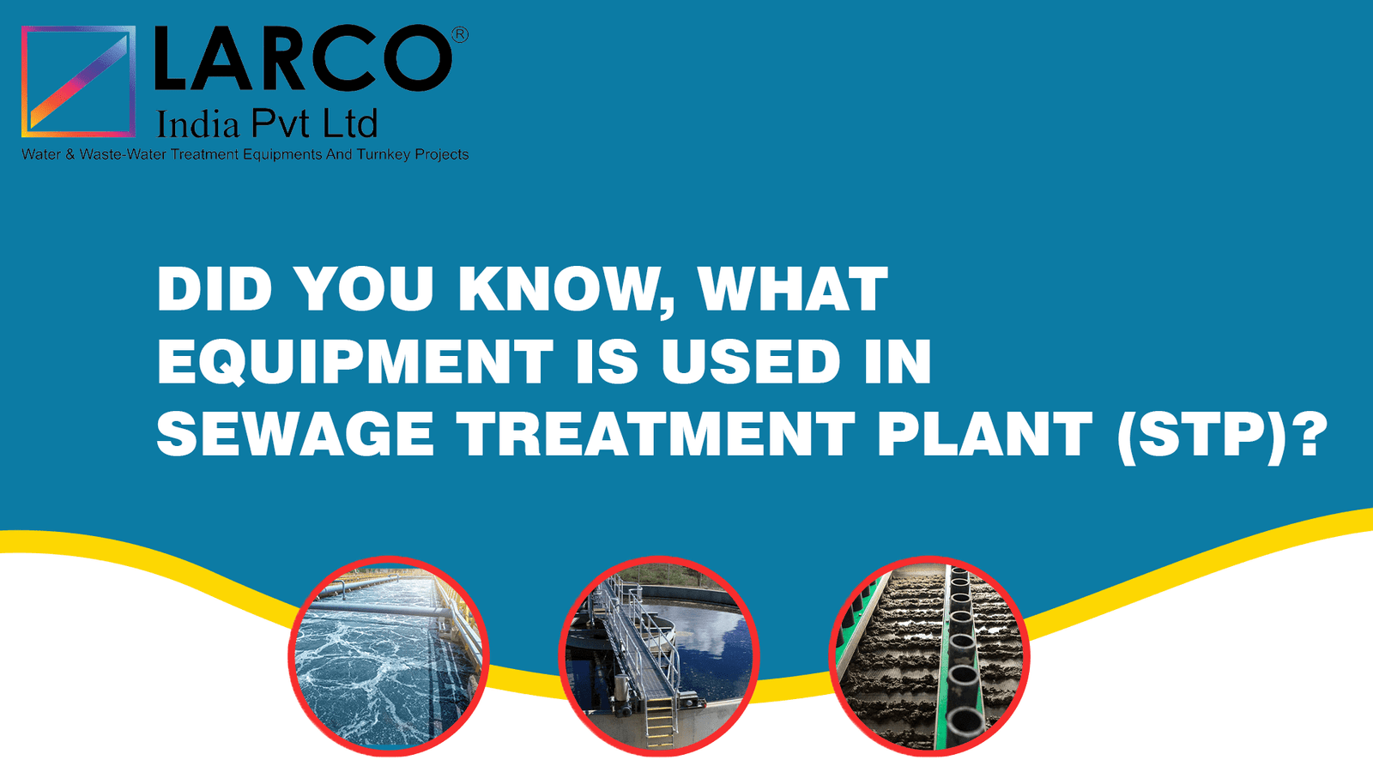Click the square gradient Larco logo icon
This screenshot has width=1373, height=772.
pos(78,81)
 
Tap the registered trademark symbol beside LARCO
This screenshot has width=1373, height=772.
pos(460,34)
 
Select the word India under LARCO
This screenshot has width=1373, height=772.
pos(197,126)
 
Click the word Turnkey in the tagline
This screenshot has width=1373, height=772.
pos(384,154)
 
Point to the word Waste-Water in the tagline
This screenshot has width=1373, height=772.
pos(123,154)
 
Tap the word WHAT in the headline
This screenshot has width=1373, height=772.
pos(793,290)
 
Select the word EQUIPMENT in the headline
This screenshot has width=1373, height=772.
pos(355,361)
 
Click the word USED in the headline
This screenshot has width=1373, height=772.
pos(751,361)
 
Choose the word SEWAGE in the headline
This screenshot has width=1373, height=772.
pos(295,434)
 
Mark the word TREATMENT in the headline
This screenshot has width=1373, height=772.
pos(656,434)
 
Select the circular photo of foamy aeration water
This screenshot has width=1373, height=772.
pos(388,656)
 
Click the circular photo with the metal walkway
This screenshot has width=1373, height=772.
pos(659,656)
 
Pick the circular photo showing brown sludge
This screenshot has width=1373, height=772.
pos(929,656)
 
